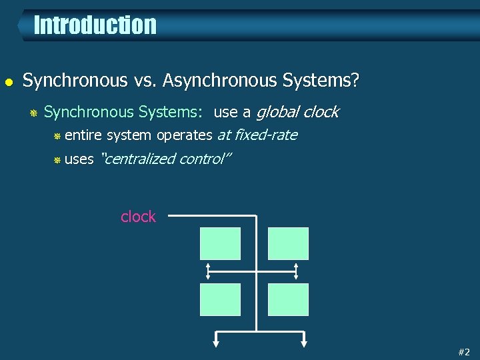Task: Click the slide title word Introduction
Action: coord(95,25)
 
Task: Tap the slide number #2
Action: coord(464,352)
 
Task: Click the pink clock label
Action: coord(138,217)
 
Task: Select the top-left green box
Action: coord(220,243)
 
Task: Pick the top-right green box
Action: coord(288,243)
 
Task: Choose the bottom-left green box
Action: coord(220,299)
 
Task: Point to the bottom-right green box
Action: coord(288,299)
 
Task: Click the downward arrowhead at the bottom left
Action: coord(216,343)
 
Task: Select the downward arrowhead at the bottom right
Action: coord(304,343)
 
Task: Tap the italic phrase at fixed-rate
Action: coord(257,135)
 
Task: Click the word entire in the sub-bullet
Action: coord(83,135)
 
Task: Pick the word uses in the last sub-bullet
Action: coord(79,159)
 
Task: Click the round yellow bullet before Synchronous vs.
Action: coord(7,82)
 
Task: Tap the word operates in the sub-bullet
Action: coord(184,135)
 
